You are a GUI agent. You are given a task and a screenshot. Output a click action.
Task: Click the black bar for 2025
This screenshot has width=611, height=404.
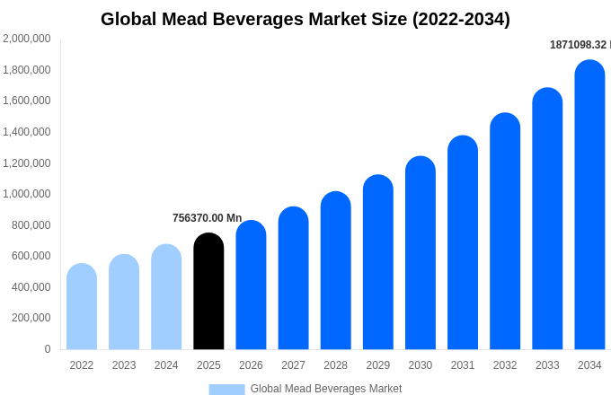click(208, 292)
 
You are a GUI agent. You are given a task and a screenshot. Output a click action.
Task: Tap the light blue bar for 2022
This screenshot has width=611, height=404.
click(82, 307)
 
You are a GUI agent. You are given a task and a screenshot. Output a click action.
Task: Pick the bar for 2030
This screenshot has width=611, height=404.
click(421, 253)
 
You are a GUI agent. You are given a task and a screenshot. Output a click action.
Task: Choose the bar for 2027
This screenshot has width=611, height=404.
click(293, 278)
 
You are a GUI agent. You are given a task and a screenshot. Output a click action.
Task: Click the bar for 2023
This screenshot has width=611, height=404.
click(124, 303)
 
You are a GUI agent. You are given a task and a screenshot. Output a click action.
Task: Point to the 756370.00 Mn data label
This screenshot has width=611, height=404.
click(208, 218)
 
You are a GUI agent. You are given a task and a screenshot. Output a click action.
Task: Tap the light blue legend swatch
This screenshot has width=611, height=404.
click(226, 389)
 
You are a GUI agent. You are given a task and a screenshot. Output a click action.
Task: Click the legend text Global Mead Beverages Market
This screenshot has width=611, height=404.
click(326, 389)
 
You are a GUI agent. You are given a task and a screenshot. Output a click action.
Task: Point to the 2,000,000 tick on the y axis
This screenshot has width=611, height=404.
click(27, 39)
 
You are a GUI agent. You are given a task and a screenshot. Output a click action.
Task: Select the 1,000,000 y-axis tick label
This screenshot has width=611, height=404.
click(27, 194)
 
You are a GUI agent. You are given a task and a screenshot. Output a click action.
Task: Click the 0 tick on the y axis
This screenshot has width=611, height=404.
click(48, 349)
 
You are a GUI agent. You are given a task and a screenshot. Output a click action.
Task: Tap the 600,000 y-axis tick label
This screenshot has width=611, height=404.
click(31, 256)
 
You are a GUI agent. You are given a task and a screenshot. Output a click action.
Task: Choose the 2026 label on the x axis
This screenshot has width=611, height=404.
click(251, 365)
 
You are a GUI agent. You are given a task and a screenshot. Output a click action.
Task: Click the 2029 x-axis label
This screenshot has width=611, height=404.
click(378, 365)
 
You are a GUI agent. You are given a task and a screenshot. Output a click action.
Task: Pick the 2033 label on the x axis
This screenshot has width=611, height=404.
click(547, 365)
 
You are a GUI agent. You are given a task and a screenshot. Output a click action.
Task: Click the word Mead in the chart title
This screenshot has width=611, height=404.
click(186, 19)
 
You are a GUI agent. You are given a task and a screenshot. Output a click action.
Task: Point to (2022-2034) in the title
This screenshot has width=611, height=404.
click(461, 19)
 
